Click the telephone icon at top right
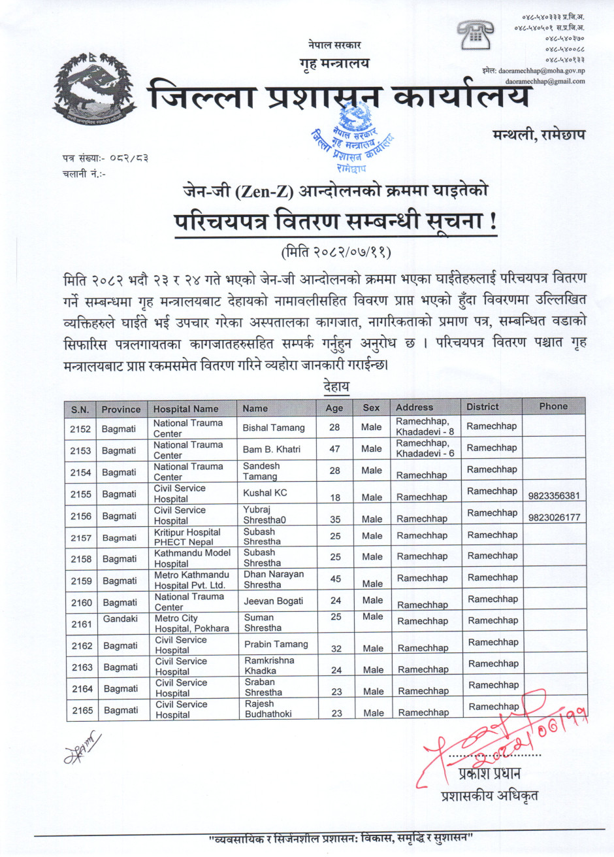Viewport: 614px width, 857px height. (474, 35)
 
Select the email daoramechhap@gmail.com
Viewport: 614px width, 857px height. (545, 81)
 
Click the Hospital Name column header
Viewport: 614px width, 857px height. (186, 409)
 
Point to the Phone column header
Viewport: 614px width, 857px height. (553, 407)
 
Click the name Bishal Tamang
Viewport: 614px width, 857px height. (274, 428)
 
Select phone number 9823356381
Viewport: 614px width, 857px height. (553, 496)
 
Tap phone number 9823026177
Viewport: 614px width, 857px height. (553, 518)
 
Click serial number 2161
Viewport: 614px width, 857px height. (82, 624)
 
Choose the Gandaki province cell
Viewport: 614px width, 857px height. (120, 618)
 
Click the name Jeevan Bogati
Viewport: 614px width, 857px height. (274, 601)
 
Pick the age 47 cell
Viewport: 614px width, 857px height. (334, 449)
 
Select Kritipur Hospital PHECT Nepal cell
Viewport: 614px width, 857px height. (187, 537)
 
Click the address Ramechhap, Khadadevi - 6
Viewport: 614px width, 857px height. (425, 448)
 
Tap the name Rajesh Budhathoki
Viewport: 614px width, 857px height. (268, 709)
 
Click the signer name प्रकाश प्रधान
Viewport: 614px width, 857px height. (489, 774)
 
